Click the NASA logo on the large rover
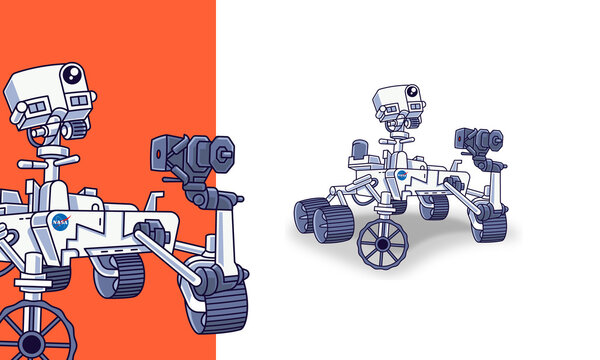click(x=60, y=222)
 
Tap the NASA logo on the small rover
click(x=401, y=175)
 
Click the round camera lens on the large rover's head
click(x=72, y=75)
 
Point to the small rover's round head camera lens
click(x=411, y=92)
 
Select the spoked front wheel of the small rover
click(x=383, y=243)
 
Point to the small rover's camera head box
click(x=397, y=100)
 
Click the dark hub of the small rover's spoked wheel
click(x=383, y=244)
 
